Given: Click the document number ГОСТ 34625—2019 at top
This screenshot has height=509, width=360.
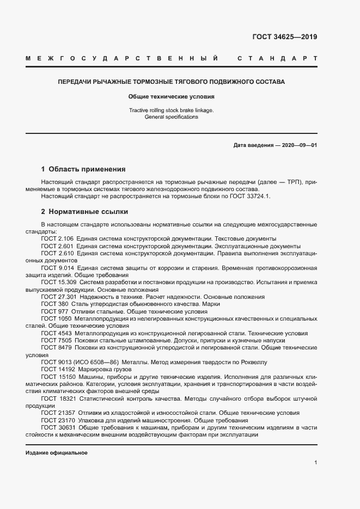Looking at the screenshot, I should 284,38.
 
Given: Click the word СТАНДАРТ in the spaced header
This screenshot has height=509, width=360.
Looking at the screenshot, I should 277,58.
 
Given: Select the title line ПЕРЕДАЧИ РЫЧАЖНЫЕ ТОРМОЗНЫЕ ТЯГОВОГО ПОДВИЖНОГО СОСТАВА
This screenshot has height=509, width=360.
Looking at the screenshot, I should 172,82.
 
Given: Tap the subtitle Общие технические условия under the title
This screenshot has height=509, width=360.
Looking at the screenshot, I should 172,97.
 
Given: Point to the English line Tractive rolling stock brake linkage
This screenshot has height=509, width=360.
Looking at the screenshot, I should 172,111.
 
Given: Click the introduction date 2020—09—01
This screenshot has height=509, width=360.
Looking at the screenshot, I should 298,145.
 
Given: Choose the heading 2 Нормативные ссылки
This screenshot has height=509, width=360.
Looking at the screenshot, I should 85,212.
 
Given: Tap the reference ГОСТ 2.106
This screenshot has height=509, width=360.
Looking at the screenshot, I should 57,239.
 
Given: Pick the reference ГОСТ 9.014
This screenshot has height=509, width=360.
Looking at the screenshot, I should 57,268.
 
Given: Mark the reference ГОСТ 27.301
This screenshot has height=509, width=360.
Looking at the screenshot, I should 59,297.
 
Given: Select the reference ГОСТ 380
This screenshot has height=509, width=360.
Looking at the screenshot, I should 53,304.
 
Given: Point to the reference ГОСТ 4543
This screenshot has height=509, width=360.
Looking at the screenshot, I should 56,333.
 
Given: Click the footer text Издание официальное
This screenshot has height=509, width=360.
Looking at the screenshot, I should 57,453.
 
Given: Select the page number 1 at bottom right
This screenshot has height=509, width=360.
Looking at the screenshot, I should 316,463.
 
